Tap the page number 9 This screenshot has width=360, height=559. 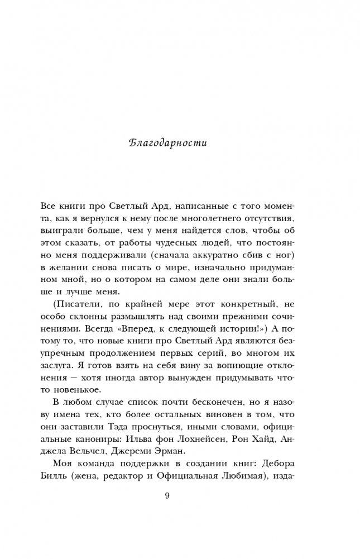(167, 496)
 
